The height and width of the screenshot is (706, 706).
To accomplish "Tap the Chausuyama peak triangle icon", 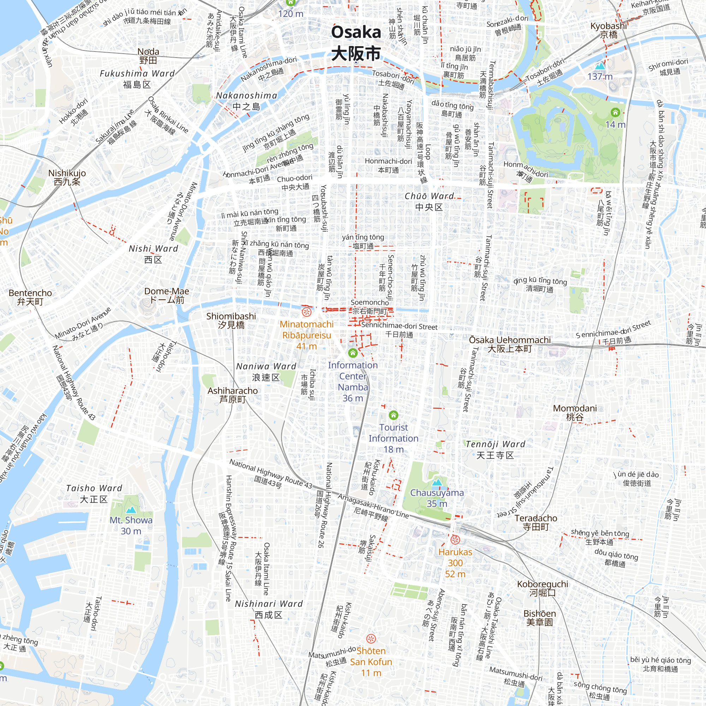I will click(437, 482).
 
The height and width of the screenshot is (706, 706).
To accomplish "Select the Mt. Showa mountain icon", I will click(131, 510).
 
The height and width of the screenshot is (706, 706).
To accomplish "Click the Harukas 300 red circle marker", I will click(455, 539).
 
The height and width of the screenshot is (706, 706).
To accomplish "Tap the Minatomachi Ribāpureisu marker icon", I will click(306, 312).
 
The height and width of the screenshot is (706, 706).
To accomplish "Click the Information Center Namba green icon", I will click(353, 353).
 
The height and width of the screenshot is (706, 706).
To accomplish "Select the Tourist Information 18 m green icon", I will click(393, 415).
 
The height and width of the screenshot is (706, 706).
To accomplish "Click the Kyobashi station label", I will click(609, 30).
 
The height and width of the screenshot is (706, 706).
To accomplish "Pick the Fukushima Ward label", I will click(137, 79).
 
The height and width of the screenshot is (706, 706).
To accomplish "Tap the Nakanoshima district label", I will click(247, 101).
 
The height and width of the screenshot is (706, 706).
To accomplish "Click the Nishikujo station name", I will click(67, 177).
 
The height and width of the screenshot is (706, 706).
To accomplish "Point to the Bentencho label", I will click(30, 297).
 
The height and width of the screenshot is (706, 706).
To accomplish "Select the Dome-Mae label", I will click(167, 295).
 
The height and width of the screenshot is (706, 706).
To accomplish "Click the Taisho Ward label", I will click(94, 493).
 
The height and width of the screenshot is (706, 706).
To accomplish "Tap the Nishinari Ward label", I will click(269, 609).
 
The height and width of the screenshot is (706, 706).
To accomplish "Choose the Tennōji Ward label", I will click(495, 449).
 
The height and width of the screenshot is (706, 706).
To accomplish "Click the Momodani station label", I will click(574, 412).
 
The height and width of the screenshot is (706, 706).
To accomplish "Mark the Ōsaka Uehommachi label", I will click(510, 344).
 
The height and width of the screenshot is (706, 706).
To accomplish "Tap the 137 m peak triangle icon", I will click(600, 66).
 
